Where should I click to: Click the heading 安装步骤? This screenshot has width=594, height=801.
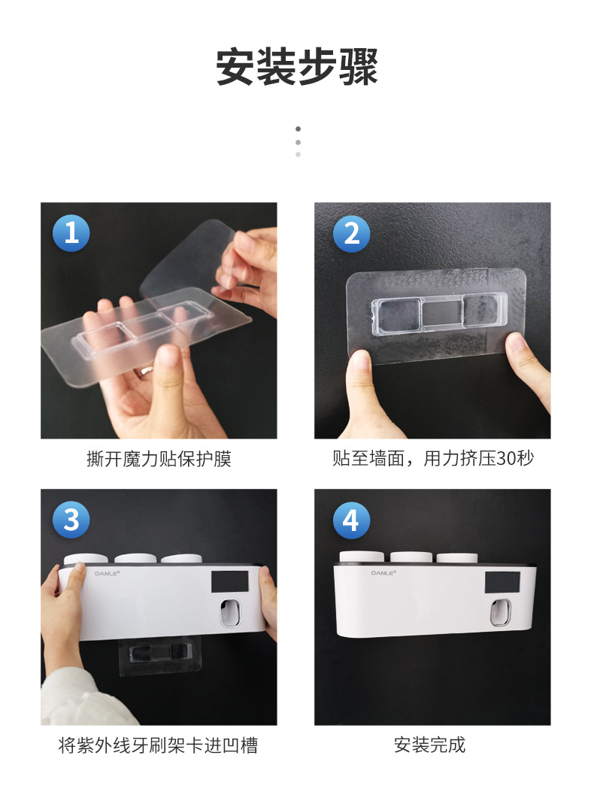tap(297, 67)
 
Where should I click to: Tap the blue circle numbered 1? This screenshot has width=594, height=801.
tap(71, 233)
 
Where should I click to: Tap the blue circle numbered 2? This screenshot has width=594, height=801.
tap(351, 233)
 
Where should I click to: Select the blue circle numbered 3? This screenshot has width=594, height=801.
tap(71, 520)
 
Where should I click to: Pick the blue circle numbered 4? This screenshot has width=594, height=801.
tap(351, 520)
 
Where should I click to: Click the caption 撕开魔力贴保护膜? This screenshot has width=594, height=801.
tap(159, 459)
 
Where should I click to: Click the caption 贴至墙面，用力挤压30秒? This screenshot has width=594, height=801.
tap(432, 458)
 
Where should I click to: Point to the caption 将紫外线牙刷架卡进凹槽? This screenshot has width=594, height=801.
tap(159, 745)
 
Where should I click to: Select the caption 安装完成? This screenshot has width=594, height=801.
tap(429, 745)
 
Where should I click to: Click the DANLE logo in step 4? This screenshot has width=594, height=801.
tap(383, 573)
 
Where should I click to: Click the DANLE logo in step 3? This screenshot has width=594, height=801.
tap(108, 574)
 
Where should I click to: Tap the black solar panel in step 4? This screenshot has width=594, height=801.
tap(502, 583)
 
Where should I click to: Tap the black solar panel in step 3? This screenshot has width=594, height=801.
tap(229, 582)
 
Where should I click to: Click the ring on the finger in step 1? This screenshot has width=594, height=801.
tap(147, 370)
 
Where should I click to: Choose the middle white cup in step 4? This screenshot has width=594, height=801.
tap(411, 557)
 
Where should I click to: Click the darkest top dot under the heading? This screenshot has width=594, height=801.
tap(298, 129)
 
